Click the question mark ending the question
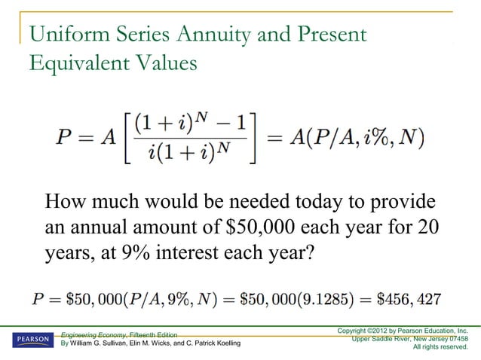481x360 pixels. point(305,251)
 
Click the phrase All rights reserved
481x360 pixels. point(440,347)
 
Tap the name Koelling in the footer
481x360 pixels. point(223,344)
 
